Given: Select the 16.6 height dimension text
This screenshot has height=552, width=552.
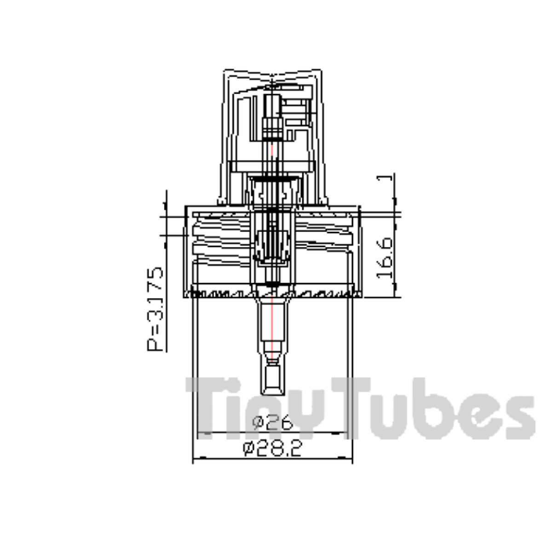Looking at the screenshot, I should pos(384,258).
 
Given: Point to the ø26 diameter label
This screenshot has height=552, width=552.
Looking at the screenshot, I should pos(272,422).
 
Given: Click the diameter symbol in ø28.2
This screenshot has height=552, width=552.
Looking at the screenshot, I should pos(249,449).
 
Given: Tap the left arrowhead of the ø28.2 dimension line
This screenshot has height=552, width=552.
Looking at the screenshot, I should pos(196,458).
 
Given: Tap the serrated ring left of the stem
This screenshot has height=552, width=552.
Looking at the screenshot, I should pos(223,293).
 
